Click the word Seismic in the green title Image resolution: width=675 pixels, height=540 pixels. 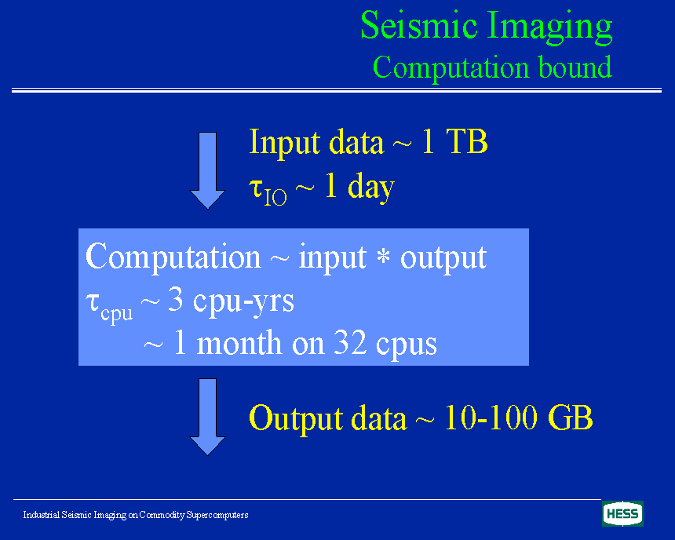(x=419, y=25)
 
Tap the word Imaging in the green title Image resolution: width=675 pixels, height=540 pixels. (x=550, y=27)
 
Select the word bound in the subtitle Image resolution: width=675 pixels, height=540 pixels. (x=575, y=67)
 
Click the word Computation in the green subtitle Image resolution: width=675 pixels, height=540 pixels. (x=451, y=69)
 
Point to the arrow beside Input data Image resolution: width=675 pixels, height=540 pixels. (x=207, y=170)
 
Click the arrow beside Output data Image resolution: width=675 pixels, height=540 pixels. (x=207, y=417)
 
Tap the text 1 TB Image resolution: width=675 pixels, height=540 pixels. (x=454, y=141)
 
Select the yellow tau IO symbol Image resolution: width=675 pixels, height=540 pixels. (x=268, y=192)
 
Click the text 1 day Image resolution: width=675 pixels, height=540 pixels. (x=360, y=187)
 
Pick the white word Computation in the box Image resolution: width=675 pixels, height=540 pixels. (x=173, y=257)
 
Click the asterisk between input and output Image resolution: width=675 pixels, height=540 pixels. (x=383, y=257)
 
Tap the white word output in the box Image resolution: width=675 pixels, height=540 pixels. (x=443, y=259)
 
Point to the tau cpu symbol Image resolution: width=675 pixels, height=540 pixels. (x=109, y=307)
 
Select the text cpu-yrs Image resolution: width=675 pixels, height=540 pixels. (x=243, y=301)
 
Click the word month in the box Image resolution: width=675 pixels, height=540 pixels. (x=239, y=344)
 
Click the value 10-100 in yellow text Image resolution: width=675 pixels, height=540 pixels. (x=491, y=417)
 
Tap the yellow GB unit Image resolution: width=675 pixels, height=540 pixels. (x=571, y=417)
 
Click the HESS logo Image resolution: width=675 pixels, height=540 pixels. (x=622, y=514)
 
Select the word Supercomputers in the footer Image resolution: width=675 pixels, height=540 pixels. (x=217, y=515)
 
